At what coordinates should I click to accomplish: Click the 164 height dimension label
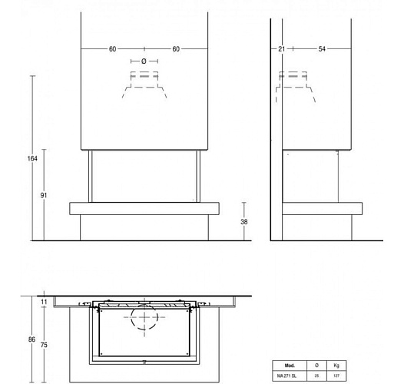click(31, 158)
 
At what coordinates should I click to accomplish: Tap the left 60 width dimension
click(113, 49)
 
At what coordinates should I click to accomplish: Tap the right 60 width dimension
click(176, 49)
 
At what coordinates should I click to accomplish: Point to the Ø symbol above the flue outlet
click(144, 61)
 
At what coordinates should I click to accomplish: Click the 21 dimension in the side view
click(282, 49)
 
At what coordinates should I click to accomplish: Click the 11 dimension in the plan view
click(44, 303)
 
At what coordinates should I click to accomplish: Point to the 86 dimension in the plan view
click(31, 338)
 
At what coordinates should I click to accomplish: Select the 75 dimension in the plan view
click(44, 345)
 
